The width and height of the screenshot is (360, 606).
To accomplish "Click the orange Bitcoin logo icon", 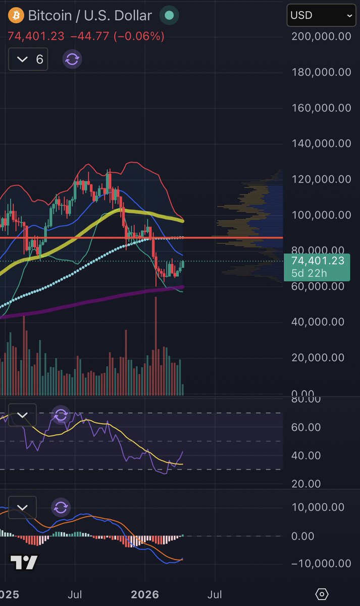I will coord(16,15).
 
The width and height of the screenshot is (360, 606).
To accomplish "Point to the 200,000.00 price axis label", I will coord(322,36).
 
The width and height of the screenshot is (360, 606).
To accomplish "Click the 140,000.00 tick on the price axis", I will coord(322,143).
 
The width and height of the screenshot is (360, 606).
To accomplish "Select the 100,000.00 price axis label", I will coord(322,215).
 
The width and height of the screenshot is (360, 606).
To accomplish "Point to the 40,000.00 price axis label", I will coord(322,322).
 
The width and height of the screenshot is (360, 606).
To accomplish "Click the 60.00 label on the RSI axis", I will coord(306,427).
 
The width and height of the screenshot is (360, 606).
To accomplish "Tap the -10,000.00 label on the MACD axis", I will coord(321,564).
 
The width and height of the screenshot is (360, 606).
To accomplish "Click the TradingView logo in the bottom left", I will coord(24,562).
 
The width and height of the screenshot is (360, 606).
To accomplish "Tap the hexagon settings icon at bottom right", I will coord(322,594).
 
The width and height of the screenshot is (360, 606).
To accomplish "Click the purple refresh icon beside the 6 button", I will coord(72,60).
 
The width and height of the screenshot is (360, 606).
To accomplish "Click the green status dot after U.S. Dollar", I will coord(170,16).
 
